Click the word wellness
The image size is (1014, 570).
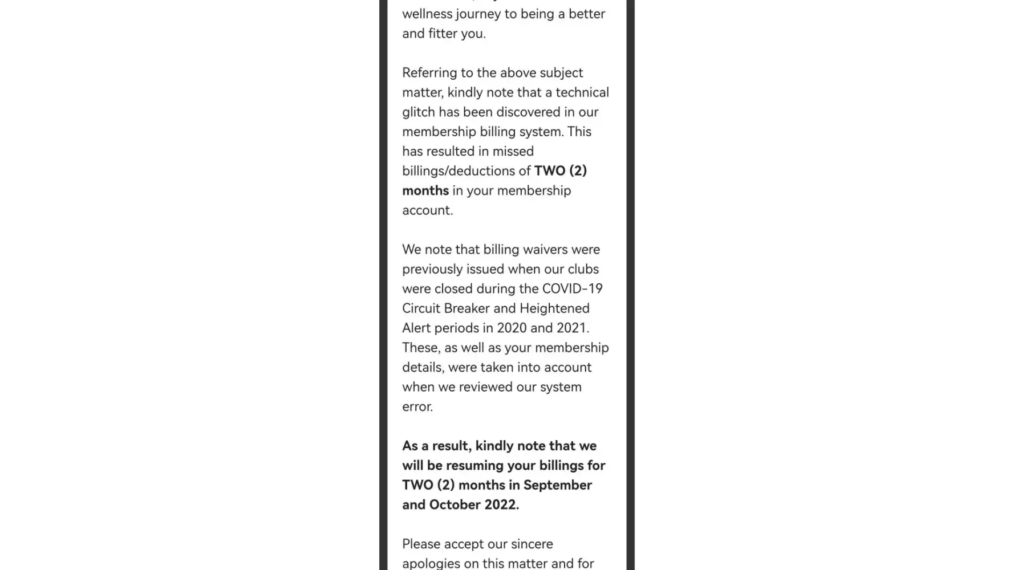pos(426,14)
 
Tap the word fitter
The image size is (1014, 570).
pos(443,34)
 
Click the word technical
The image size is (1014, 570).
pos(582,92)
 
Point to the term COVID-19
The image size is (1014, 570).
pos(572,289)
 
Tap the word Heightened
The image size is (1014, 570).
pos(554,308)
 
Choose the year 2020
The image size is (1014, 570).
pos(512,328)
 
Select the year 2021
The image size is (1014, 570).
pos(571,328)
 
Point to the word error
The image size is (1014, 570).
pos(417,407)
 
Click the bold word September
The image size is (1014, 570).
pos(557,485)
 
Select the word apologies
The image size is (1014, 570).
pos(431,564)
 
